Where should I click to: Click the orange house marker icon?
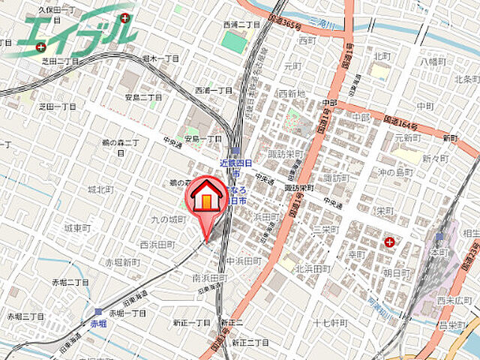tap(204, 197)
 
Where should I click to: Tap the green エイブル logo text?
tap(75, 30)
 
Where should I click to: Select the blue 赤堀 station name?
tap(98, 324)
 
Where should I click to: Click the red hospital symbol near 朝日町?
tap(390, 241)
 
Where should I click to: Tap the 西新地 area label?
tap(292, 94)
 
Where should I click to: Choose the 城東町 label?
tap(77, 226)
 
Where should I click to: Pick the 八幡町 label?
tap(434, 61)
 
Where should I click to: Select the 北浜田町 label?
tap(313, 268)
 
